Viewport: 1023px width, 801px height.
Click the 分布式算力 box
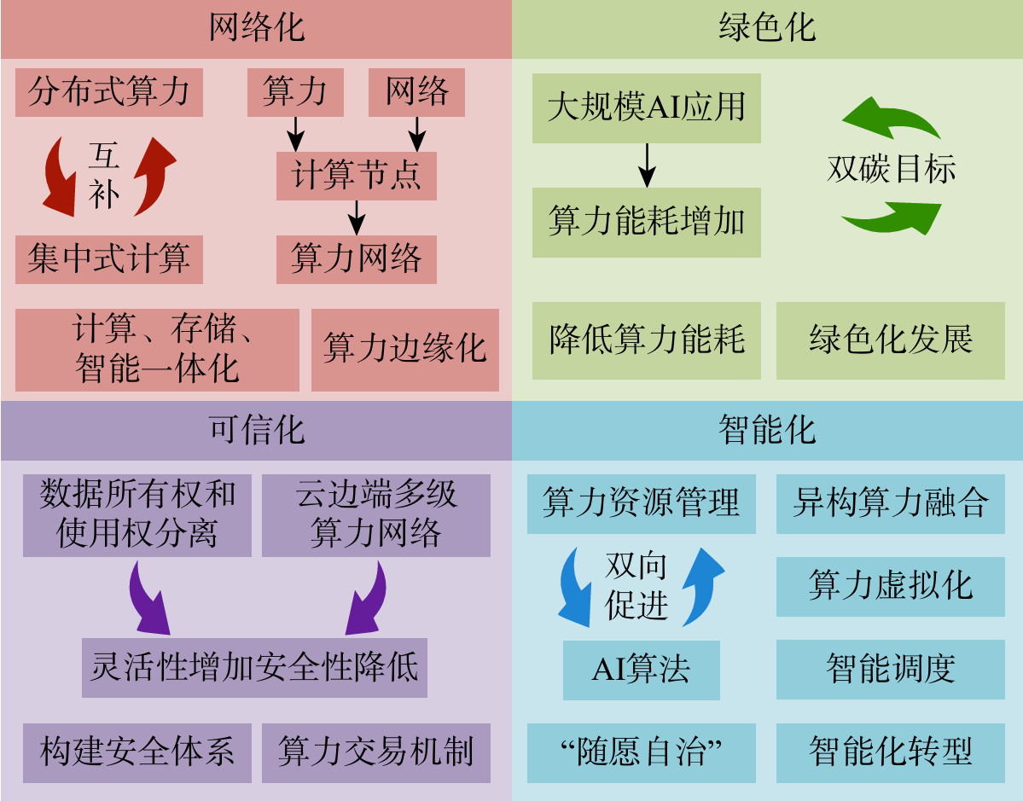point(109,92)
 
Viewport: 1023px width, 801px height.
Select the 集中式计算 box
point(109,259)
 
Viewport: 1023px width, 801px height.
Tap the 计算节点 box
point(357,176)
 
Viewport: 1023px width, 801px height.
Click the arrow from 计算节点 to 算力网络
point(357,218)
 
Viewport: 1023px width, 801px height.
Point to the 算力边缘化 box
point(404,350)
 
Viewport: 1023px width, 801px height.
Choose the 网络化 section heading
point(256,28)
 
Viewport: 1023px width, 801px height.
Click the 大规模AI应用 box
point(646,108)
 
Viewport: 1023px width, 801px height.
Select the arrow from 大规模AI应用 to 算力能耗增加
point(647,165)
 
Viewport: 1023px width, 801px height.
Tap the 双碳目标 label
point(891,169)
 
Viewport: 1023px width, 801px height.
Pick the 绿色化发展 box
point(890,340)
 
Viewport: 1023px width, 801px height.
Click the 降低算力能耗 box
point(646,340)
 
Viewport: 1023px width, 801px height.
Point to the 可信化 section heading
point(256,429)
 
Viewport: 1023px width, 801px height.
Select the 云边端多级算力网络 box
point(375,515)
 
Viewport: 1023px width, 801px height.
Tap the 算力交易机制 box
point(375,752)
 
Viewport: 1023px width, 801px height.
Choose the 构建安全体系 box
point(137,752)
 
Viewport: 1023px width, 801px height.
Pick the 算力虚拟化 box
point(890,586)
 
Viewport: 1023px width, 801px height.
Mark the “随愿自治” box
point(641,752)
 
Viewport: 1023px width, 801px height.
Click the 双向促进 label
point(636,586)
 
